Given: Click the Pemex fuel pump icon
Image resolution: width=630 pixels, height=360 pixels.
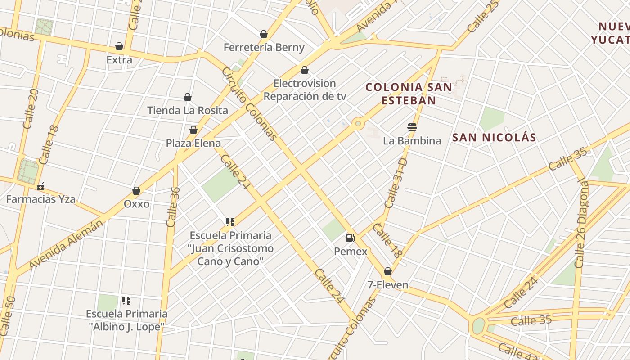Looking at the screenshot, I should (350, 238).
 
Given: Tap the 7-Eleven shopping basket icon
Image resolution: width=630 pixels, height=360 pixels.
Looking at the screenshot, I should (387, 271).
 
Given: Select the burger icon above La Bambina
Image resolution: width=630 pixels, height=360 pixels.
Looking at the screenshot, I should (412, 127).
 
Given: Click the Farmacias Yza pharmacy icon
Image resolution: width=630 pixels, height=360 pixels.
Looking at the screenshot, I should (41, 186).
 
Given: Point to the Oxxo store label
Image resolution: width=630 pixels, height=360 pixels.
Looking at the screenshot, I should (136, 204).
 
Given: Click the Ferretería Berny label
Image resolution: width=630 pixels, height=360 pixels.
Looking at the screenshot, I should (264, 47).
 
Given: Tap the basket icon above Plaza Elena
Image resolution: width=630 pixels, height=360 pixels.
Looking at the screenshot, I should (193, 130).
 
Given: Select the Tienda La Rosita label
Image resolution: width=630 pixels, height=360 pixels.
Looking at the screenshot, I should (188, 110).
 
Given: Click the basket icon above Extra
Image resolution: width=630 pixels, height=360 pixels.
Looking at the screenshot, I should (119, 46).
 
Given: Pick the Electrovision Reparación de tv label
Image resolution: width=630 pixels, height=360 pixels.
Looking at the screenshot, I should (305, 90).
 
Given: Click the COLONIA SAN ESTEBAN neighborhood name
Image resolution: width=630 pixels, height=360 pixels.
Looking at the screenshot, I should (409, 94).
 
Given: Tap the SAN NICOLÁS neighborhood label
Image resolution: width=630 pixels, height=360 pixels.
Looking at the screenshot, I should (494, 137).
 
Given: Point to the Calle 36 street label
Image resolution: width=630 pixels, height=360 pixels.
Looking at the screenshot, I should (173, 207).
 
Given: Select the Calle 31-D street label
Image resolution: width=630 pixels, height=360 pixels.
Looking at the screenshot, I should (396, 183).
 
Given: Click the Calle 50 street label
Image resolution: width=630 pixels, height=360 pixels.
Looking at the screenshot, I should (9, 315).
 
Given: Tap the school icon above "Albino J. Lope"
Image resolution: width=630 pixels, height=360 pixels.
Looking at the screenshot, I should (126, 300).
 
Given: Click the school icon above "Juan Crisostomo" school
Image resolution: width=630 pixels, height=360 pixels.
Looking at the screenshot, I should (230, 222).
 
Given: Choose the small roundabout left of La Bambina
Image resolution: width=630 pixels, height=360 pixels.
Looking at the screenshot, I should (358, 123).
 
